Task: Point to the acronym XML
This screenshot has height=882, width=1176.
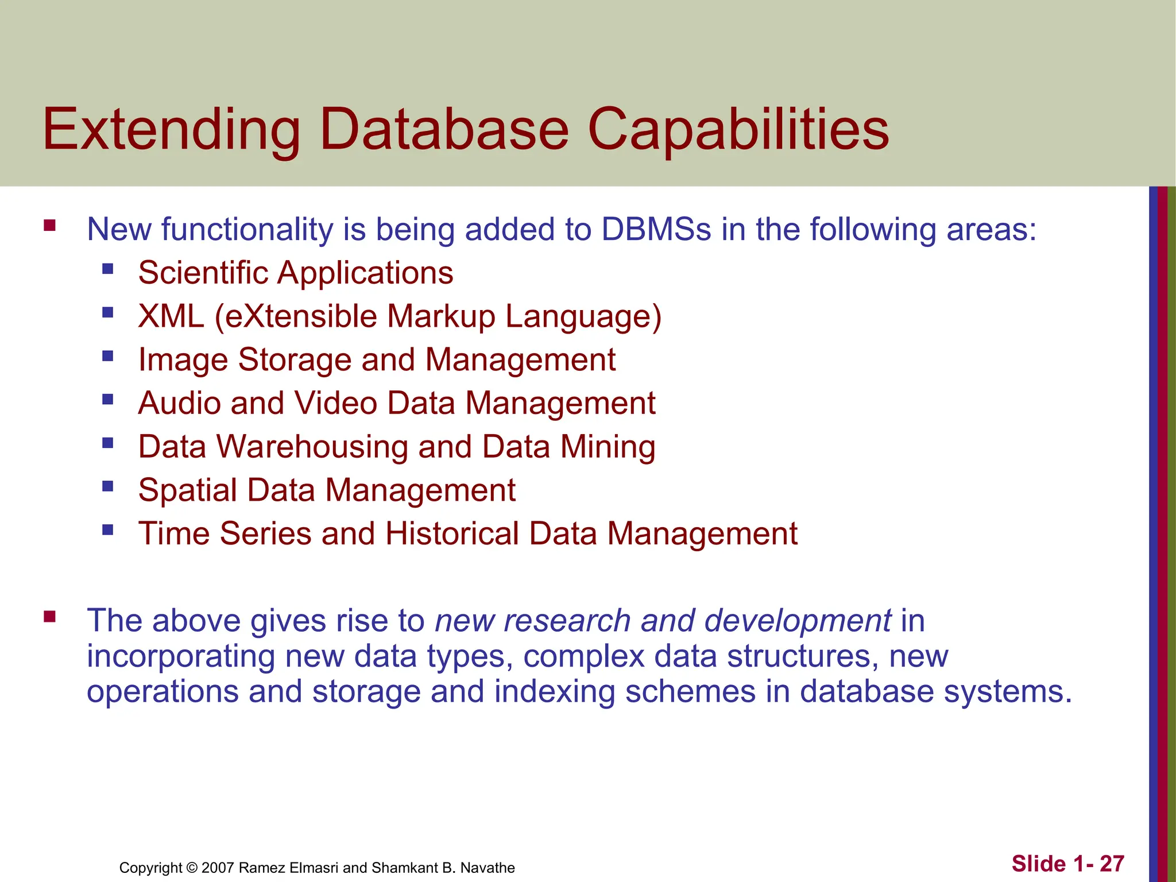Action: pos(171,316)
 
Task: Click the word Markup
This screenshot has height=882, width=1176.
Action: pos(440,316)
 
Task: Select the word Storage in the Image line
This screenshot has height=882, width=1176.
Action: pos(294,360)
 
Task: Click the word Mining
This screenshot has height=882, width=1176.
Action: pos(608,447)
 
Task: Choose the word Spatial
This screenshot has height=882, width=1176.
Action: pos(188,490)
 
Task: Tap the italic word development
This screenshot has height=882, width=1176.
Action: pos(798,621)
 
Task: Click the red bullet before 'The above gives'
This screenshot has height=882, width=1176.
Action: pos(49,617)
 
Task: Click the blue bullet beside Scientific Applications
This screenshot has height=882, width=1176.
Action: pos(107,269)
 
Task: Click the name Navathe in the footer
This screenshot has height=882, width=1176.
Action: pos(488,868)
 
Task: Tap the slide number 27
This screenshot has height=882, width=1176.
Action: pos(1112,864)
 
